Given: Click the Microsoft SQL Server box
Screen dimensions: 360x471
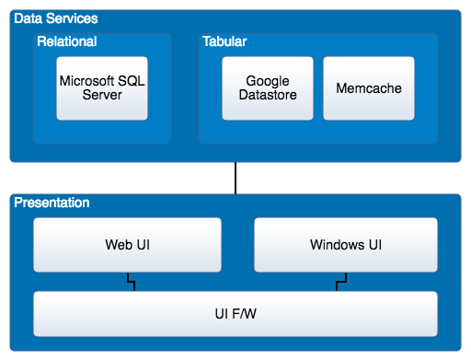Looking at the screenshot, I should coord(102,88).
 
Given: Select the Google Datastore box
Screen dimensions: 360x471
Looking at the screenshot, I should coord(268,88).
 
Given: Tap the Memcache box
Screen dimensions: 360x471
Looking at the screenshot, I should coord(368,88).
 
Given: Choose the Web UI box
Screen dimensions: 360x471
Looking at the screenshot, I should coord(128,246).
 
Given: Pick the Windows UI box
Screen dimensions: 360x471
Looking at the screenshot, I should coord(346,246).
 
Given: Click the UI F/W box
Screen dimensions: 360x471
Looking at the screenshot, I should coord(235,314).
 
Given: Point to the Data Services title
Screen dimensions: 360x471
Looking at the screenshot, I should coord(55,19).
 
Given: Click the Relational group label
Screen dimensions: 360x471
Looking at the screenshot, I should coord(67,41).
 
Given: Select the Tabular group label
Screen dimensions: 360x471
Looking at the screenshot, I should coord(224,41).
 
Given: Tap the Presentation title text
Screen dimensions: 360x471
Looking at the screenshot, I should coord(52,203).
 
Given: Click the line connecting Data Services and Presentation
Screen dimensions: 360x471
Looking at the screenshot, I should coord(235,178).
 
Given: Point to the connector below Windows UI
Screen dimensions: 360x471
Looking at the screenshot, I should coord(339,282).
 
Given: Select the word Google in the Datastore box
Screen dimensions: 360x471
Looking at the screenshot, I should coord(268,81).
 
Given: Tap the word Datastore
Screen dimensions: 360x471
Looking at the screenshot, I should coord(268,95).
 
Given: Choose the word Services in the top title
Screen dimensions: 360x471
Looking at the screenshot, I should coord(76,19).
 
